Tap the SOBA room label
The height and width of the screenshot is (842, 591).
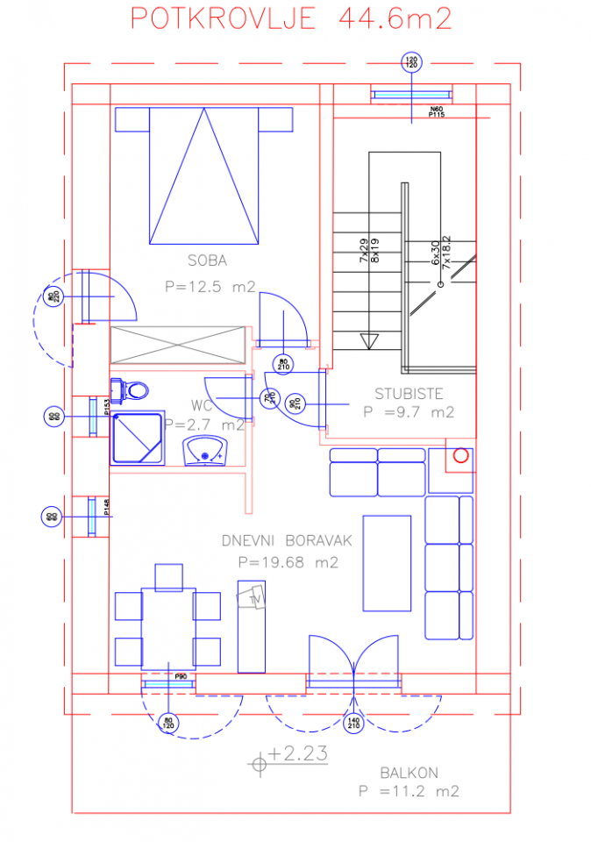coord(207,260)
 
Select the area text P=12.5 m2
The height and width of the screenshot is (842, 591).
coord(210,286)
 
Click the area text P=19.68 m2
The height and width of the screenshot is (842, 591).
coord(288,563)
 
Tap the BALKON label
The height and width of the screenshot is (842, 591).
coord(409,773)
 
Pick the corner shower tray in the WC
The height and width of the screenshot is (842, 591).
coord(138,438)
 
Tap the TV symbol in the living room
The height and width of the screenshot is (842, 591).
coord(253,597)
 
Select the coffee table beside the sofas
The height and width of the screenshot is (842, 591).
coord(387,563)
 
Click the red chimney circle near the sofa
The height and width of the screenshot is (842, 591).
coord(459,455)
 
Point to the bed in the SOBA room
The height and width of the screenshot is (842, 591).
coord(204,175)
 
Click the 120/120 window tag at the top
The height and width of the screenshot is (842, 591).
coord(410,62)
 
